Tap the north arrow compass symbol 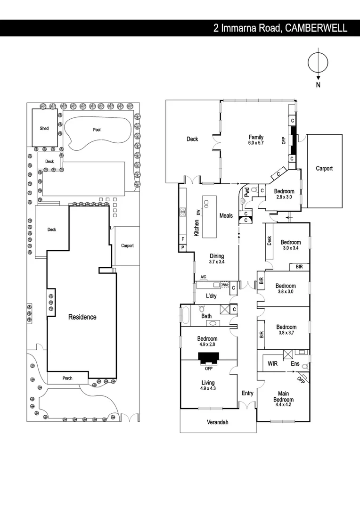pyautogui.click(x=318, y=64)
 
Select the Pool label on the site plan pyautogui.click(x=97, y=130)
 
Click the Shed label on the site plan pyautogui.click(x=44, y=128)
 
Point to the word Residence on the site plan pyautogui.click(x=82, y=317)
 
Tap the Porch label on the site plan pyautogui.click(x=67, y=378)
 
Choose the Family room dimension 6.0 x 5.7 pyautogui.click(x=256, y=143)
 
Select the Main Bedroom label pyautogui.click(x=283, y=397)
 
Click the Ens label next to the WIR pyautogui.click(x=295, y=364)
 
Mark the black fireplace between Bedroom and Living pyautogui.click(x=208, y=359)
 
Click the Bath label pyautogui.click(x=207, y=316)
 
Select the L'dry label pyautogui.click(x=211, y=296)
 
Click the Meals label pyautogui.click(x=226, y=215)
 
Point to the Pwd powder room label pyautogui.click(x=246, y=192)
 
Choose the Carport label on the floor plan pyautogui.click(x=324, y=168)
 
